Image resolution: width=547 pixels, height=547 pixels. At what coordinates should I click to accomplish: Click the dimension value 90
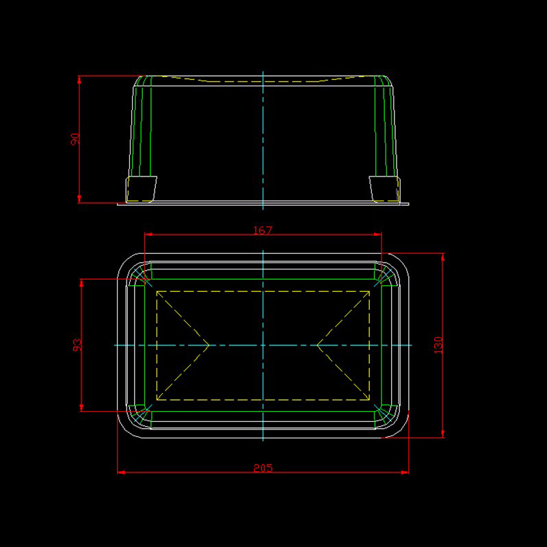(75, 139)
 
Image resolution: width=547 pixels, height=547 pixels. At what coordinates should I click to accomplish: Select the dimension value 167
(263, 230)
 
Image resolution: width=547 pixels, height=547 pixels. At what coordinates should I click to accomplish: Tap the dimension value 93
(77, 345)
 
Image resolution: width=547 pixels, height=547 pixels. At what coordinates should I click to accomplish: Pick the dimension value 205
(263, 468)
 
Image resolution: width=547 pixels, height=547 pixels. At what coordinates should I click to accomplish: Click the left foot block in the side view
(141, 189)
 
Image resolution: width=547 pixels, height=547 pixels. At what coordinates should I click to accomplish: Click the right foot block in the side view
(384, 189)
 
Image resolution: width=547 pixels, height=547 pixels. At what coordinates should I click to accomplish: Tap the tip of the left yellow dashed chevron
(209, 345)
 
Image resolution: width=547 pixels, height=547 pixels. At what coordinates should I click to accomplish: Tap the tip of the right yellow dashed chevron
(317, 345)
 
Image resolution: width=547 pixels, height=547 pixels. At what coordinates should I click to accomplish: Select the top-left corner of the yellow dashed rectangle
(157, 291)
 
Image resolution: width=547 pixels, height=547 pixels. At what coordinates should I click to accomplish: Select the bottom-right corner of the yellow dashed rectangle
(369, 400)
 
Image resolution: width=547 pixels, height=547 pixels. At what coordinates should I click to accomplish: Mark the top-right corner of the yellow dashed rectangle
(369, 291)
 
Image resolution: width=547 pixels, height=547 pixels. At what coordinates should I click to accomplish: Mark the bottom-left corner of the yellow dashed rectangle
(157, 400)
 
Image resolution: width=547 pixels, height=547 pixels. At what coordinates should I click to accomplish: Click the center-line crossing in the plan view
(263, 345)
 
